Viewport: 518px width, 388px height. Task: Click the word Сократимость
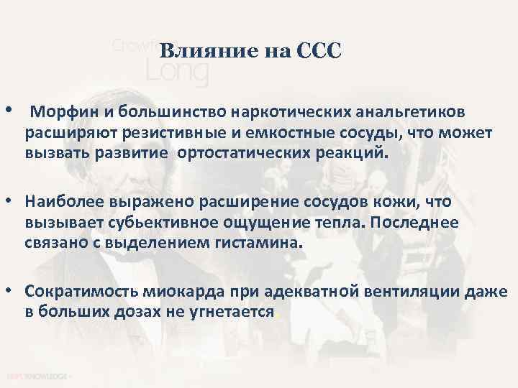78,292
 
